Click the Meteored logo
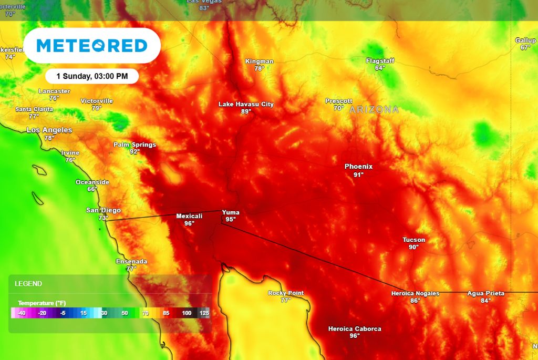click(x=92, y=46)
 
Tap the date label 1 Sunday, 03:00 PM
click(x=92, y=76)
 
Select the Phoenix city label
click(x=358, y=167)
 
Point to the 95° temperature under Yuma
click(x=231, y=220)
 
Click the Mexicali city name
click(x=189, y=216)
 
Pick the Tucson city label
click(x=414, y=240)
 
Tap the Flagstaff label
click(x=380, y=60)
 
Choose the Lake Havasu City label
click(x=246, y=104)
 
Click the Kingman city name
click(x=260, y=61)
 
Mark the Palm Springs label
click(x=134, y=145)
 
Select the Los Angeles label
click(x=49, y=130)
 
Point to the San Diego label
click(x=104, y=210)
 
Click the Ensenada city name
click(x=131, y=261)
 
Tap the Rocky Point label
click(x=286, y=293)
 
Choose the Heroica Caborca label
click(x=355, y=329)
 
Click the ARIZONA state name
click(x=374, y=110)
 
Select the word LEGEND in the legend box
click(x=28, y=284)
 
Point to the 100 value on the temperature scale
click(x=187, y=313)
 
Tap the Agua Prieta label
click(x=486, y=293)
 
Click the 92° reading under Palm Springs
click(x=134, y=152)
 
